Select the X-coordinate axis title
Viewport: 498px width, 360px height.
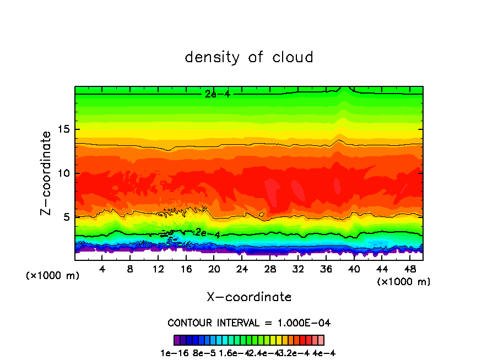pyautogui.click(x=249, y=297)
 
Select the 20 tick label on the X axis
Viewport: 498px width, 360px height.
pyautogui.click(x=214, y=269)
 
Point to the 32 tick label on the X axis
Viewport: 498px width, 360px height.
pyautogui.click(x=298, y=269)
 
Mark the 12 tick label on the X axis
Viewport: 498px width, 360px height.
pyautogui.click(x=158, y=269)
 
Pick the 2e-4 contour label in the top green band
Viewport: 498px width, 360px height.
pyautogui.click(x=216, y=94)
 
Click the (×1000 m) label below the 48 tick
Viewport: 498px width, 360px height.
pyautogui.click(x=404, y=281)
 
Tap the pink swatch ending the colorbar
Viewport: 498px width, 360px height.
pyautogui.click(x=321, y=340)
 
